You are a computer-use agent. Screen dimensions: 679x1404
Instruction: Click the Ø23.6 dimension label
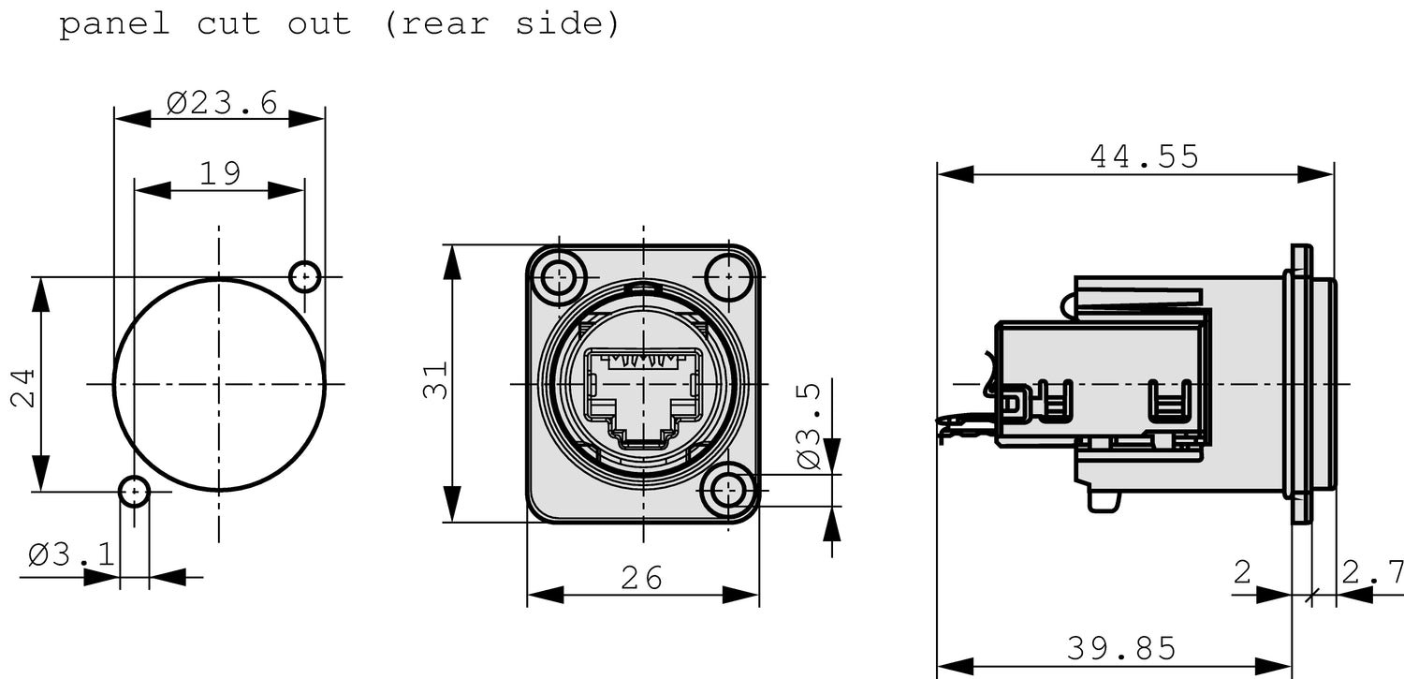pyautogui.click(x=222, y=102)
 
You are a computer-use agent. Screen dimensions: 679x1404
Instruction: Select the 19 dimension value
pyautogui.click(x=220, y=173)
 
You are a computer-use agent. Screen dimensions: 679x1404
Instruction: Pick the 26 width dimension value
pyautogui.click(x=642, y=578)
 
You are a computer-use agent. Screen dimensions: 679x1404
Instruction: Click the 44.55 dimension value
pyautogui.click(x=1144, y=156)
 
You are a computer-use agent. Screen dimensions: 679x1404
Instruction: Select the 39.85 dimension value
pyautogui.click(x=1120, y=647)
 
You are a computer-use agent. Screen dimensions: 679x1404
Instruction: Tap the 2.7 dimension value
pyautogui.click(x=1372, y=572)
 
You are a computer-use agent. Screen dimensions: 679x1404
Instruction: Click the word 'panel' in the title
pyautogui.click(x=114, y=23)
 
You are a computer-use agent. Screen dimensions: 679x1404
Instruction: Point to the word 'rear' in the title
pyautogui.click(x=446, y=23)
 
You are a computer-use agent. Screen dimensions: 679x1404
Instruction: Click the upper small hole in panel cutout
pyautogui.click(x=304, y=276)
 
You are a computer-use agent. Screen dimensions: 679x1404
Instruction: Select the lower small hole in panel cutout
pyautogui.click(x=135, y=490)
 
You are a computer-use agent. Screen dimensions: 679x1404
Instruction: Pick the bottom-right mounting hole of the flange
pyautogui.click(x=728, y=490)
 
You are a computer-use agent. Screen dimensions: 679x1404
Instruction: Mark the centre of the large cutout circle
pyautogui.click(x=220, y=384)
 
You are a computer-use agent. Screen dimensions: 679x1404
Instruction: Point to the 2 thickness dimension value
pyautogui.click(x=1242, y=572)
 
